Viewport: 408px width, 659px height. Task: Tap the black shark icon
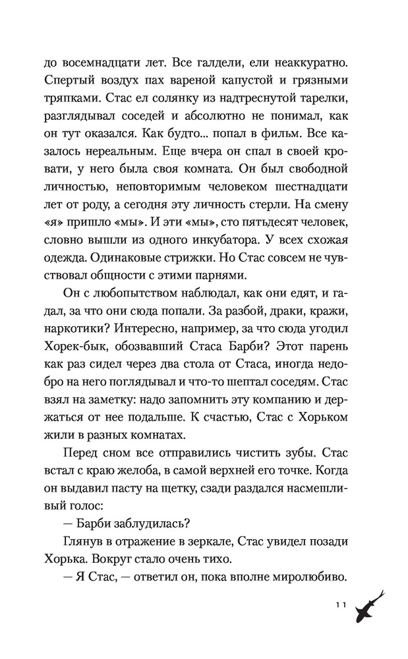tap(370, 607)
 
